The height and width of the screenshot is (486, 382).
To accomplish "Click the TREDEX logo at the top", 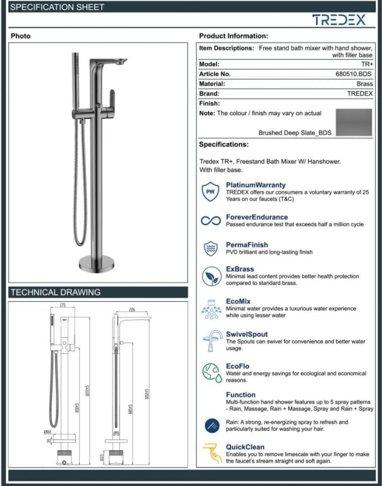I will click(338, 19).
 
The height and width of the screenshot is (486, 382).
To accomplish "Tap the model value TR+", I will click(367, 64).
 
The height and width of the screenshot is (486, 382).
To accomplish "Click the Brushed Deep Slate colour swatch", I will click(354, 122).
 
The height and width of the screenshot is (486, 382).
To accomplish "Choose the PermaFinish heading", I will click(246, 245).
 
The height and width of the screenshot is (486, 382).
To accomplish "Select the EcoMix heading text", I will click(238, 301).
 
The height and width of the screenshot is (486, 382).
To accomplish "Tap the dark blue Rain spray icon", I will click(211, 425).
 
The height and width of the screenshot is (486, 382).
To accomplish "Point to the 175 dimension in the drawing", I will click(63, 305).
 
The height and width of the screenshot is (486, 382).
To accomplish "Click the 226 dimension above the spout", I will click(132, 309).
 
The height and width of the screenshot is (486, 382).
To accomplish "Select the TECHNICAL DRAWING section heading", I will click(55, 293).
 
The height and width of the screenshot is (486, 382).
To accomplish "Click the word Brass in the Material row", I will click(365, 84).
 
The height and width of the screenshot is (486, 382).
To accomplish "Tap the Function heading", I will click(240, 395).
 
